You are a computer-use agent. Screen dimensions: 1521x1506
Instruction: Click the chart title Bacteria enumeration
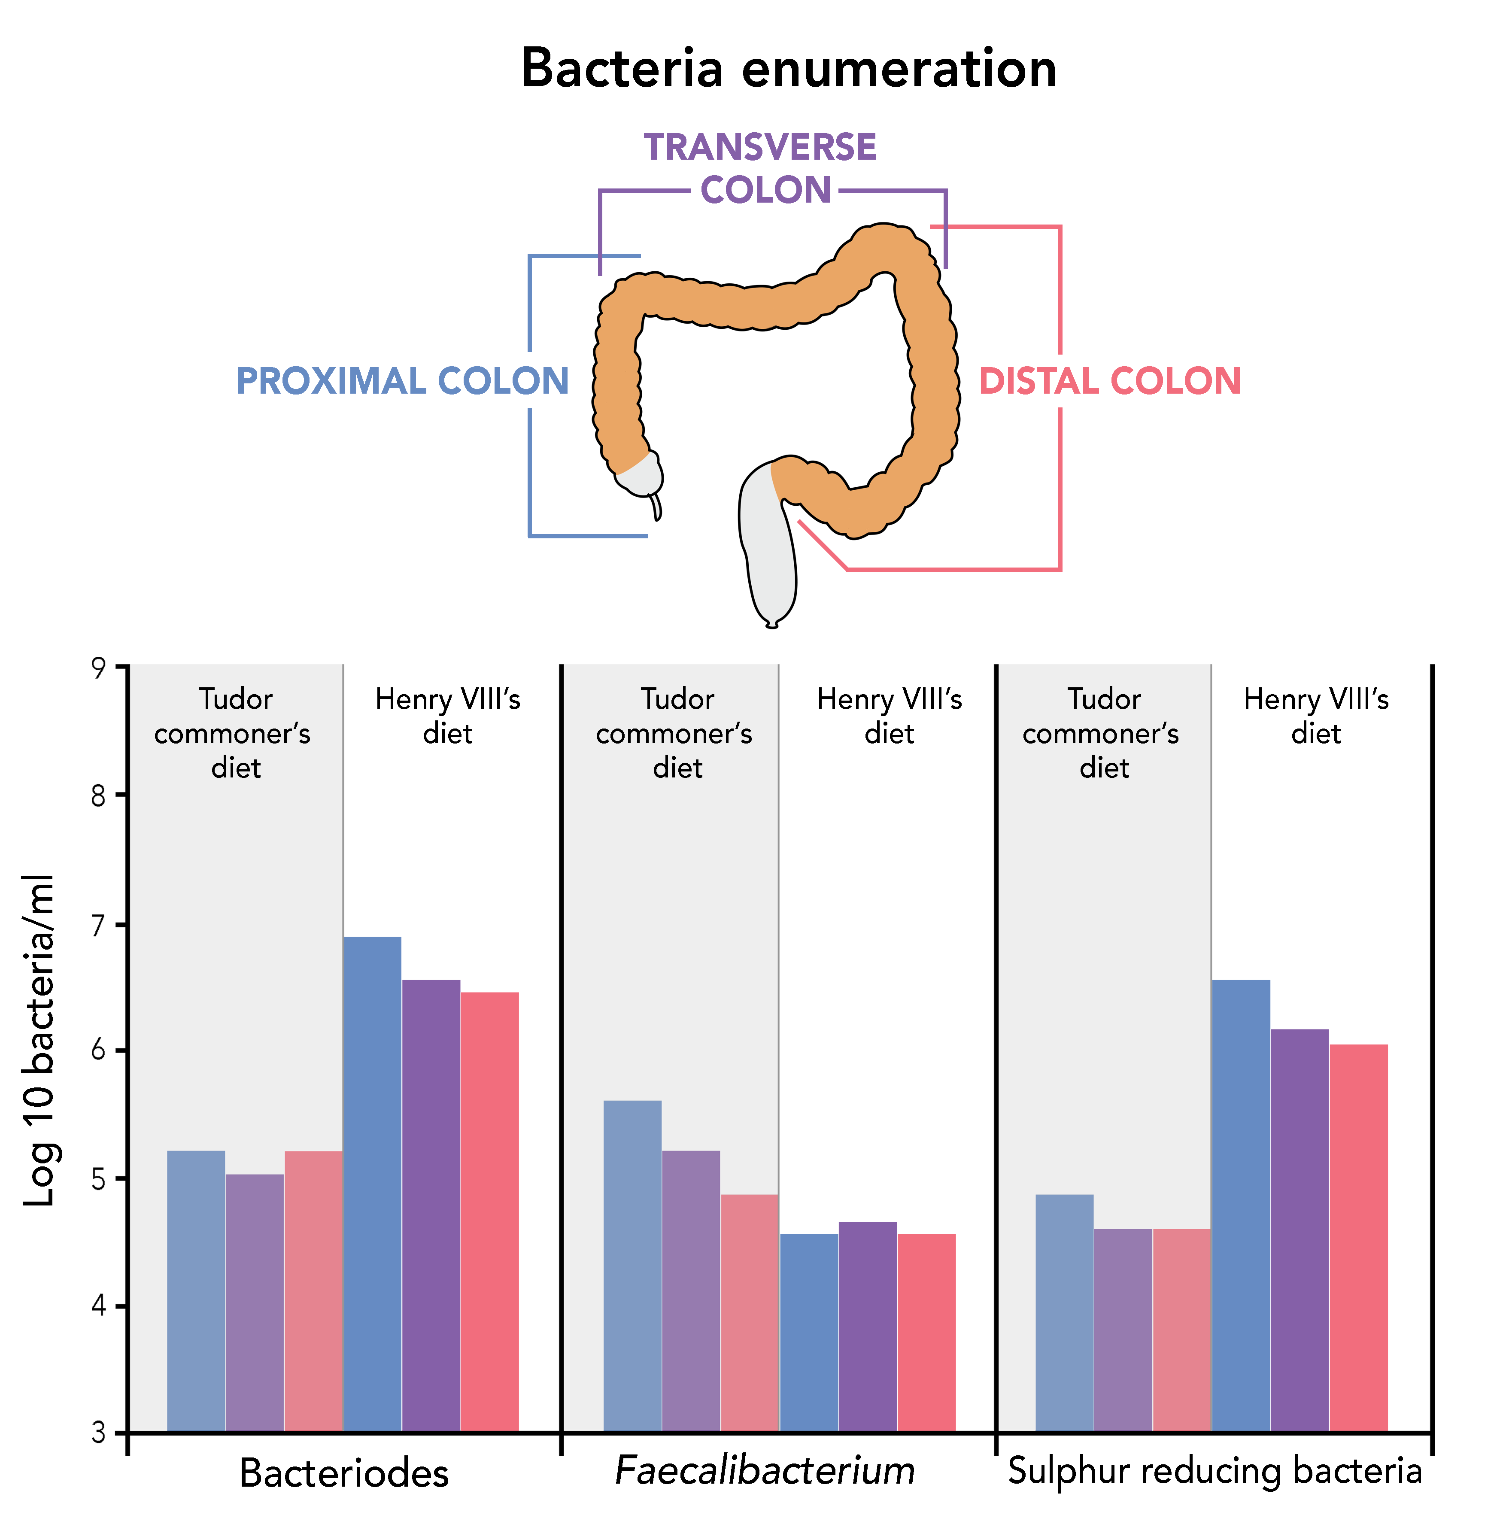point(788,69)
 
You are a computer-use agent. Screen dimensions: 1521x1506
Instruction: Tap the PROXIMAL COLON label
point(402,381)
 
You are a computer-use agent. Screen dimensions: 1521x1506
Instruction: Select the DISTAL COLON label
point(1109,381)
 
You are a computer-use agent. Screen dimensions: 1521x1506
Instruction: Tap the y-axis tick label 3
point(98,1433)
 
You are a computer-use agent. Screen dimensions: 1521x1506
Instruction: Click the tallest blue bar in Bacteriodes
point(372,1181)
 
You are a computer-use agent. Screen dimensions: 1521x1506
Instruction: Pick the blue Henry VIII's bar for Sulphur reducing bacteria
point(1241,1205)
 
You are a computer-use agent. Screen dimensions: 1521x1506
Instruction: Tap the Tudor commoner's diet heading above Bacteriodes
point(234,733)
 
